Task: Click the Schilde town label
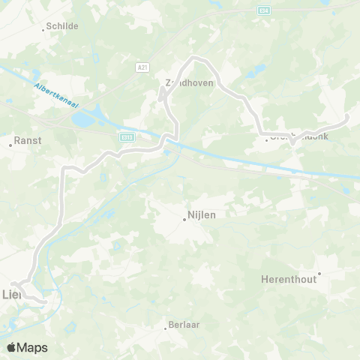(x=62, y=25)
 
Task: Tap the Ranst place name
(x=28, y=140)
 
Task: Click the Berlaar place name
(x=184, y=324)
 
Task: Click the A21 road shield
(x=142, y=68)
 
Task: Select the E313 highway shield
(x=127, y=136)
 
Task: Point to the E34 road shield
(x=262, y=11)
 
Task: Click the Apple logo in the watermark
(x=11, y=347)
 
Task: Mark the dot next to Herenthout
(x=319, y=274)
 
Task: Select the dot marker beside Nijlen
(x=184, y=219)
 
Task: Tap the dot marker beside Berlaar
(x=166, y=328)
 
